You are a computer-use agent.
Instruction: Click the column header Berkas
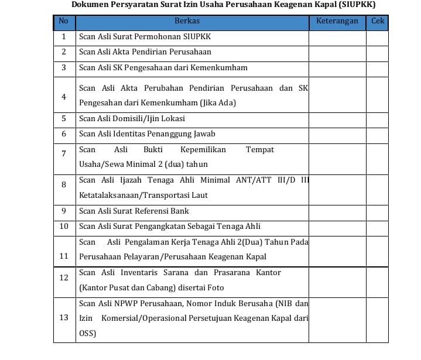[x=187, y=21]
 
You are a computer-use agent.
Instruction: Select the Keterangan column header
[x=337, y=21]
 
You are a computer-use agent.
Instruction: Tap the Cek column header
[x=377, y=21]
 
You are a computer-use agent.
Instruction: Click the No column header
[x=64, y=21]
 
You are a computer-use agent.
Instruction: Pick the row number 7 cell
[x=64, y=153]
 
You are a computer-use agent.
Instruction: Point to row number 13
[x=64, y=318]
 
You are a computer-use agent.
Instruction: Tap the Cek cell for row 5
[x=377, y=118]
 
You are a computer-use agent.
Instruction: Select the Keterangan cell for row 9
[x=337, y=211]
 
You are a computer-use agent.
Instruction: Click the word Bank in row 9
[x=180, y=211]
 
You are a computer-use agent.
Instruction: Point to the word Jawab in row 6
[x=204, y=134]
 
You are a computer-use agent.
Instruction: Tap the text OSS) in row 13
[x=88, y=334]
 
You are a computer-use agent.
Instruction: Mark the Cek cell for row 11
[x=377, y=249]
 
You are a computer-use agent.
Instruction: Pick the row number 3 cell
[x=64, y=67]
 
